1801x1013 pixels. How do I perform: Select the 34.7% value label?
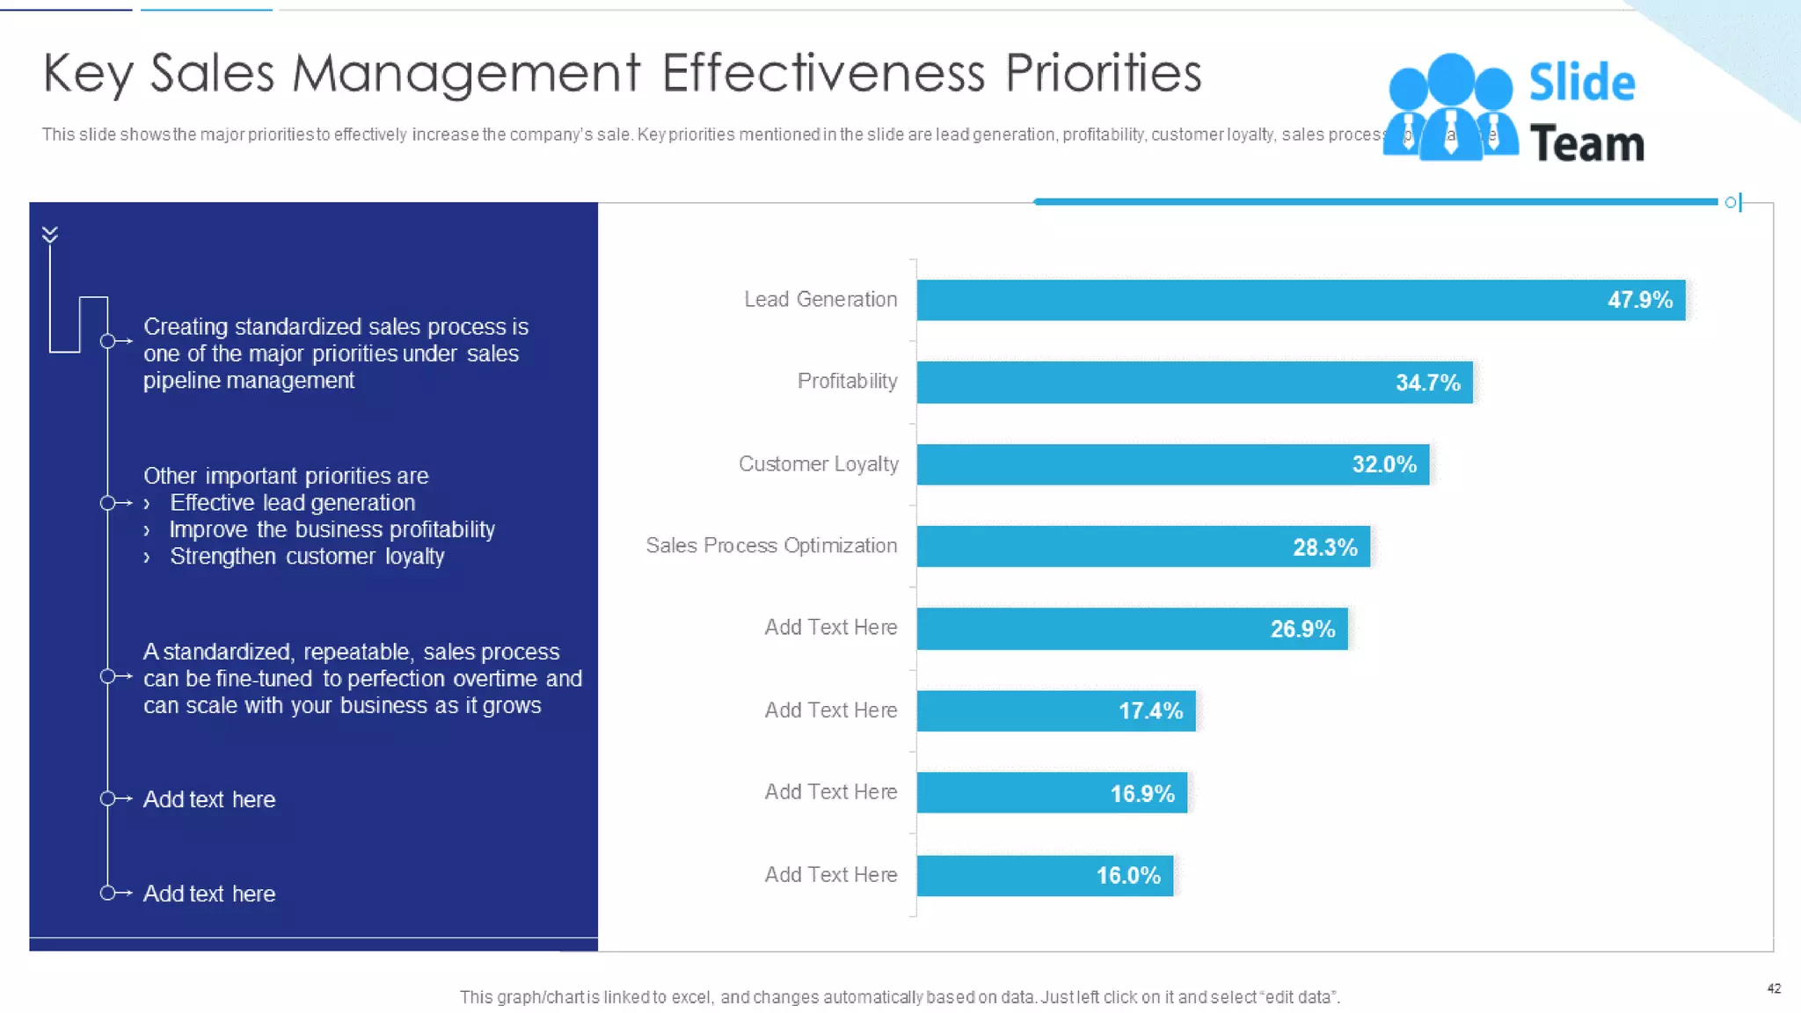click(x=1427, y=383)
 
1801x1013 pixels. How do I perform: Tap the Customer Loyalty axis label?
click(x=818, y=463)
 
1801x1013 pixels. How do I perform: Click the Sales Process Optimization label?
click(x=770, y=545)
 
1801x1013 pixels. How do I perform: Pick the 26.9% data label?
click(x=1302, y=629)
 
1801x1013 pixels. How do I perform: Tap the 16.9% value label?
click(x=1142, y=793)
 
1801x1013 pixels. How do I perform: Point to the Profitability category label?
click(x=847, y=381)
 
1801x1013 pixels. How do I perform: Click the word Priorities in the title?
click(x=1103, y=73)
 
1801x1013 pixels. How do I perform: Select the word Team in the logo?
click(x=1586, y=143)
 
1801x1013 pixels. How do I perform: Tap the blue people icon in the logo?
click(x=1450, y=107)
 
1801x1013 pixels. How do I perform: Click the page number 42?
click(x=1774, y=988)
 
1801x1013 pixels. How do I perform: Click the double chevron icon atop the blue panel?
click(x=50, y=234)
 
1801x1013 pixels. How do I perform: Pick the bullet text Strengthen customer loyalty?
click(x=307, y=557)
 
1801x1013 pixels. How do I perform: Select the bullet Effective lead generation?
click(x=292, y=503)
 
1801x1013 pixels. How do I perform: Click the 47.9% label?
click(x=1639, y=300)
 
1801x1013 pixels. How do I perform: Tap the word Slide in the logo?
click(x=1581, y=83)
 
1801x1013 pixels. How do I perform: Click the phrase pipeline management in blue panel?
click(x=249, y=381)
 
